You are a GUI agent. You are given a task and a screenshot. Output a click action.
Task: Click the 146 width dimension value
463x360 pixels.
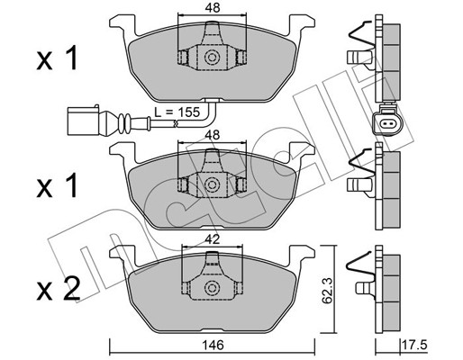click(x=213, y=346)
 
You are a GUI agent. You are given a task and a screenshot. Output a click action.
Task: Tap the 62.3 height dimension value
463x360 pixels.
click(x=327, y=290)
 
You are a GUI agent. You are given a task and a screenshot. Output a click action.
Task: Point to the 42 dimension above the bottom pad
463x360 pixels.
click(x=213, y=239)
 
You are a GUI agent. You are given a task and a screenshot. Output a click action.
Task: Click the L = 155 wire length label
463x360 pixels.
click(x=177, y=112)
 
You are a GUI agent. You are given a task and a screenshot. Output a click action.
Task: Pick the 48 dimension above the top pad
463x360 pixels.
click(x=213, y=8)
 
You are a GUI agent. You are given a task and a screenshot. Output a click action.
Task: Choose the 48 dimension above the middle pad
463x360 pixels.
click(x=213, y=135)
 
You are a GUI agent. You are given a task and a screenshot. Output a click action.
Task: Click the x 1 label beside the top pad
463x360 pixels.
click(x=57, y=58)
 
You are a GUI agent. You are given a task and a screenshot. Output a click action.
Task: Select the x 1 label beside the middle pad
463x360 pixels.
click(x=57, y=185)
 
